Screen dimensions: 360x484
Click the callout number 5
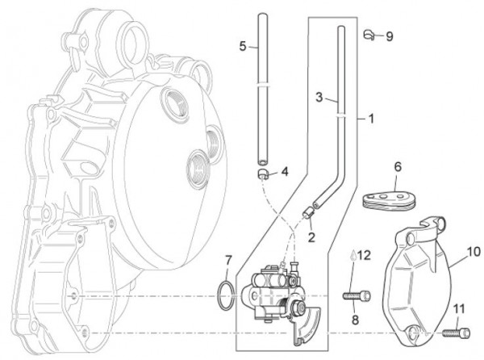pyautogui.click(x=243, y=47)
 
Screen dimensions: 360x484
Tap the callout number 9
pyautogui.click(x=390, y=36)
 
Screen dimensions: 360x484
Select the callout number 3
pyautogui.click(x=319, y=98)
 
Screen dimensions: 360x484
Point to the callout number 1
pyautogui.click(x=371, y=119)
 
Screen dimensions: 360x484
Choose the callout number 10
pyautogui.click(x=474, y=252)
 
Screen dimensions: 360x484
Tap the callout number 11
pyautogui.click(x=459, y=308)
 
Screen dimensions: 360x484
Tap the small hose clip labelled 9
pyautogui.click(x=369, y=35)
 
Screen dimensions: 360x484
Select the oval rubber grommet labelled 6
pyautogui.click(x=390, y=198)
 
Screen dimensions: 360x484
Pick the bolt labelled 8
pyautogui.click(x=358, y=296)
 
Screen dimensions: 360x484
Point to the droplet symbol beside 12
pyautogui.click(x=352, y=256)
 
